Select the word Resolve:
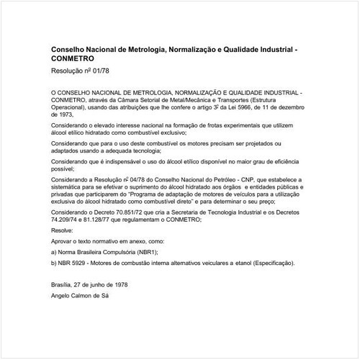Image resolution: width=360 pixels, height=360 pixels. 63,230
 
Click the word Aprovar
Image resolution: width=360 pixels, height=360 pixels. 63,242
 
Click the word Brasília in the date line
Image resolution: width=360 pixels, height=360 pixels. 63,287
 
